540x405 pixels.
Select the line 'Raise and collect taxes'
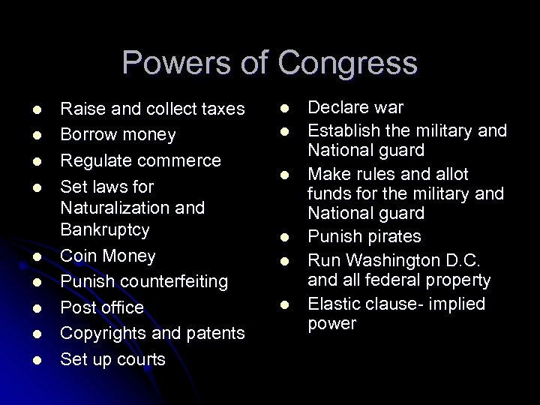point(152,109)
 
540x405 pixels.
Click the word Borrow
point(88,135)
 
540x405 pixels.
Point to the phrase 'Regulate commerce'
point(140,160)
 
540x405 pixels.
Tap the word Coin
point(78,256)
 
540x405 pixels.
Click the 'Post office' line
point(101,307)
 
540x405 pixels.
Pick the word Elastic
point(334,304)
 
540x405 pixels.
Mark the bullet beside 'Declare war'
point(285,109)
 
